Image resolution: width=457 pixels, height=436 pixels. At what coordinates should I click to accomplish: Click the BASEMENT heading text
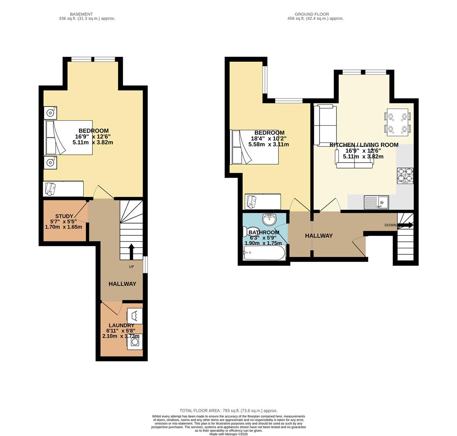pos(81,14)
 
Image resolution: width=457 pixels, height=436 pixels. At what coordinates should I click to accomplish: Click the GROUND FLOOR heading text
pos(312,14)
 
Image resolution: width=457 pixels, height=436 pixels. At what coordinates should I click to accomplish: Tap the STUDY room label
pos(64,216)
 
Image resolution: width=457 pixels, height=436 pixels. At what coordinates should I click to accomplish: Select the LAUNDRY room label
pos(121,325)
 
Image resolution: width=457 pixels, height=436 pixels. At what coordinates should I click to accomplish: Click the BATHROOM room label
pos(263,233)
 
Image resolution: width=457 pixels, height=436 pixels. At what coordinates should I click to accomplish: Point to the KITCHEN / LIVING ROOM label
pos(364,145)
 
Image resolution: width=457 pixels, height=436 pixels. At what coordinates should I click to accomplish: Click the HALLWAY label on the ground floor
pos(319,236)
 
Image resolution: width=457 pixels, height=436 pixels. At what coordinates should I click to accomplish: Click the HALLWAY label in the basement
pos(122,284)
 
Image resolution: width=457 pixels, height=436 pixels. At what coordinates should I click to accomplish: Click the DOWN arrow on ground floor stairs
pos(405,225)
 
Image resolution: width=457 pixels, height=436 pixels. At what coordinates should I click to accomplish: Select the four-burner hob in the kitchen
pos(405,176)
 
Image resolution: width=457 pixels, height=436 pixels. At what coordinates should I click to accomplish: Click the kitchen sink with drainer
pos(376,202)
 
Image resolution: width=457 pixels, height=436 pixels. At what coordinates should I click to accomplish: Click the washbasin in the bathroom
pos(269,219)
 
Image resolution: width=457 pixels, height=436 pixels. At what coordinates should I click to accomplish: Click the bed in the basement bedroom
pos(69,138)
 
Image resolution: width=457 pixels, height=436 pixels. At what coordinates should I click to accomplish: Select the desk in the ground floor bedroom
pos(263,200)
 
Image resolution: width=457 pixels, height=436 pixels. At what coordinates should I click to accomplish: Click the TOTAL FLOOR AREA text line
pos(228,411)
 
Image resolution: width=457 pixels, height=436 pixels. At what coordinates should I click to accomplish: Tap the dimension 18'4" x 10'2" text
pos(268,138)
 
